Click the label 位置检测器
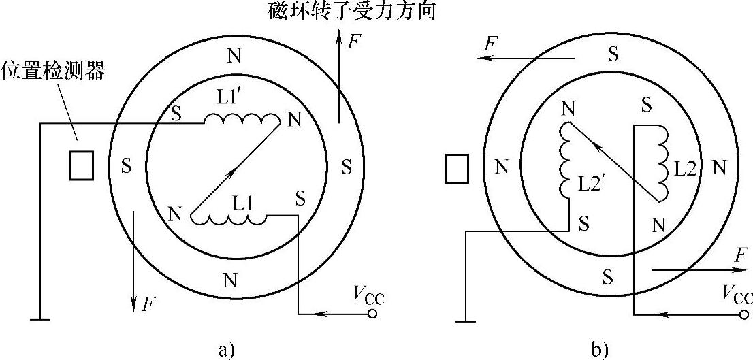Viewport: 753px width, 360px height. pyautogui.click(x=54, y=71)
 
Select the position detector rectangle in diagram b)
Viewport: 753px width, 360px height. pyautogui.click(x=457, y=168)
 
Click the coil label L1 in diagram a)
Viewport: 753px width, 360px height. pyautogui.click(x=243, y=202)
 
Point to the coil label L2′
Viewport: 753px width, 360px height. pyautogui.click(x=590, y=184)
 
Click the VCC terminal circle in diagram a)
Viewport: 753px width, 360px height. pyautogui.click(x=372, y=314)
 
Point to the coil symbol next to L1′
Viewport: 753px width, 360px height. pyautogui.click(x=242, y=120)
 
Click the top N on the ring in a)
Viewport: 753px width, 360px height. pyautogui.click(x=234, y=56)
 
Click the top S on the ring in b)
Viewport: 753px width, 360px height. pyautogui.click(x=613, y=54)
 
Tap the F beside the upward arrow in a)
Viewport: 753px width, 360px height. pyautogui.click(x=353, y=42)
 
